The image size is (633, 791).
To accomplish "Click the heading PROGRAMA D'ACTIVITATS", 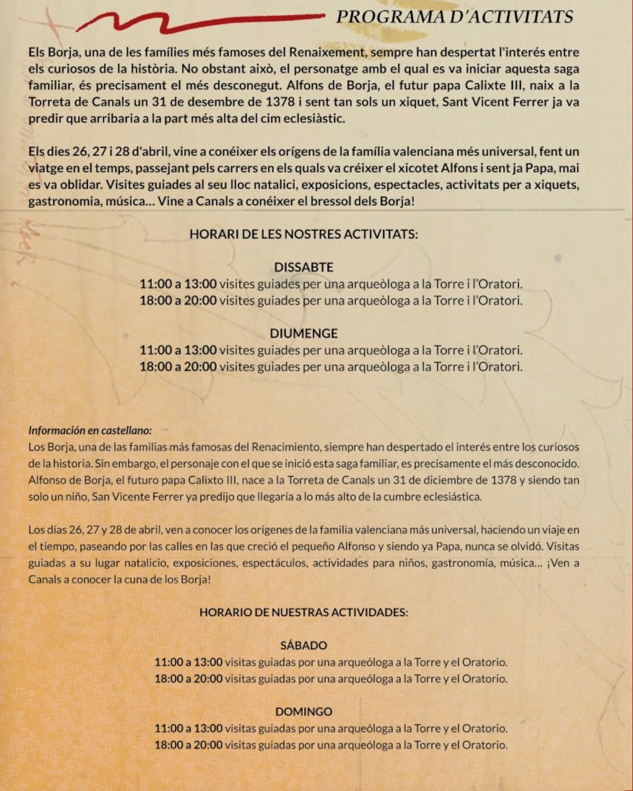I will pos(454,16).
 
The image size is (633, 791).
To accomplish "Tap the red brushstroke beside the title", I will pos(199,22).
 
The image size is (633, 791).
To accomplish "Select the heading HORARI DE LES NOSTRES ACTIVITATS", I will pos(304,234).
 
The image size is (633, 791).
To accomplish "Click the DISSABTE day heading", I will pos(304,267).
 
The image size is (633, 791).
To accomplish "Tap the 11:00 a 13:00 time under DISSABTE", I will pos(178,284).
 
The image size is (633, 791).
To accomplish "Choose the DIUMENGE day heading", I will pos(304,333).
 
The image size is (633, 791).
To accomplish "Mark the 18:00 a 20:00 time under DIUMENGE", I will pos(178,367).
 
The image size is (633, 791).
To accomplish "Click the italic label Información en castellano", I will pos(90,430).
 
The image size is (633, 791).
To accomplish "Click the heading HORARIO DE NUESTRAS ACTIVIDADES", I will pos(304,612).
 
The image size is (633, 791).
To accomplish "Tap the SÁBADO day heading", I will pos(304,646).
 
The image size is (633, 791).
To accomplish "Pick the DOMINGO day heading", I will pos(304,712).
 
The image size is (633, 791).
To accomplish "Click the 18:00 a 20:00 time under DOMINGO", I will pos(188,745).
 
